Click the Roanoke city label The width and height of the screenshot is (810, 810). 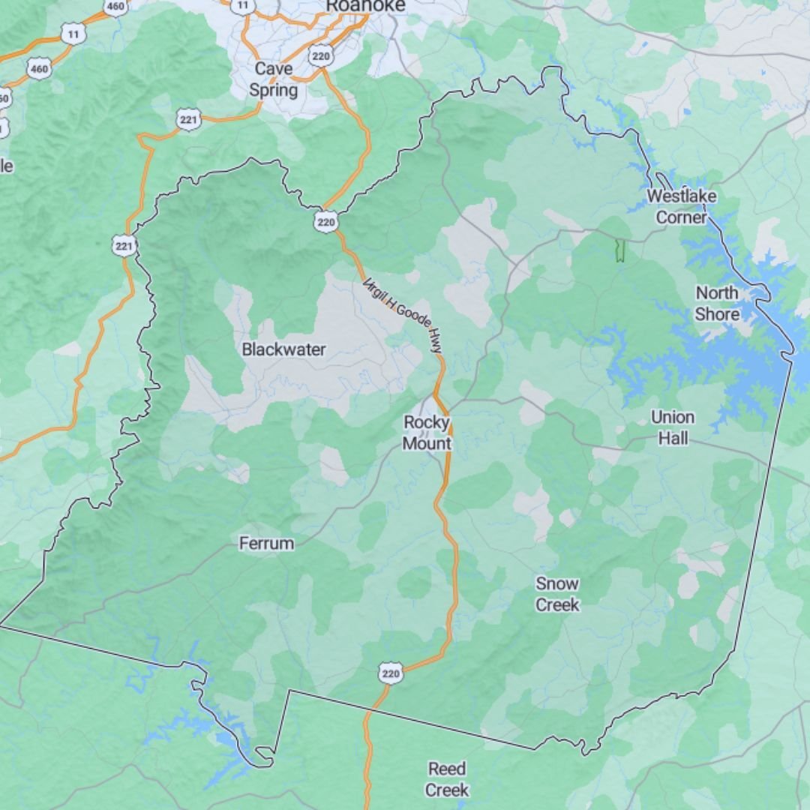pyautogui.click(x=365, y=6)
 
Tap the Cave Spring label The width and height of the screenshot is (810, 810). pyautogui.click(x=274, y=79)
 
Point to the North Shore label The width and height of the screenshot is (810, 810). pyautogui.click(x=717, y=303)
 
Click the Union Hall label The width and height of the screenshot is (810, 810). pyautogui.click(x=673, y=427)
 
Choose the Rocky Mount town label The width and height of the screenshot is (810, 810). pyautogui.click(x=427, y=433)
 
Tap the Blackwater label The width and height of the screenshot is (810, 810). pyautogui.click(x=283, y=349)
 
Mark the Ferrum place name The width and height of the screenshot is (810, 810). pyautogui.click(x=266, y=544)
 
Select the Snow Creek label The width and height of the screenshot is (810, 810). pyautogui.click(x=557, y=594)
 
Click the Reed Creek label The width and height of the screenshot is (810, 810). pyautogui.click(x=447, y=779)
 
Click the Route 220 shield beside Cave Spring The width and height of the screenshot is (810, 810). pyautogui.click(x=320, y=55)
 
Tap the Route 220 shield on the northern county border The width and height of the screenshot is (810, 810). pyautogui.click(x=326, y=221)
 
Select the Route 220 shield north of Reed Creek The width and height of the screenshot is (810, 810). pyautogui.click(x=391, y=673)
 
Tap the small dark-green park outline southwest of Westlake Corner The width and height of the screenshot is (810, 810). pyautogui.click(x=619, y=250)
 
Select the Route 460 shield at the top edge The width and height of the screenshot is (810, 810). pyautogui.click(x=115, y=7)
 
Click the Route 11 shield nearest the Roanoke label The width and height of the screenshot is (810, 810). pyautogui.click(x=242, y=5)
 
